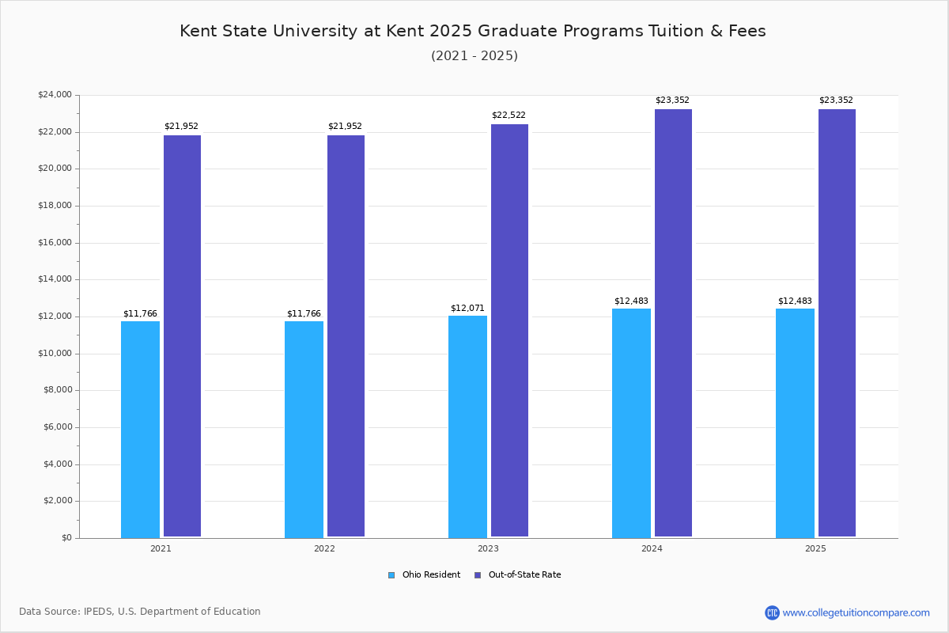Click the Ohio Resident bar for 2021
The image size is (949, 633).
[140, 429]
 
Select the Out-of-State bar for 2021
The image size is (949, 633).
[182, 336]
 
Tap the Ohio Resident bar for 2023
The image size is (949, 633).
[467, 426]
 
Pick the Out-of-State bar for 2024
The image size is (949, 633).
[673, 323]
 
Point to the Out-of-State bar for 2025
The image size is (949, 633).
[837, 323]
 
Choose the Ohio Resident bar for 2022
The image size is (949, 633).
[304, 429]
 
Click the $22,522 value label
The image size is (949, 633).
[509, 116]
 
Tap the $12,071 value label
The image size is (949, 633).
[467, 308]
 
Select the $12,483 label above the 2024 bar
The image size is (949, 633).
[631, 301]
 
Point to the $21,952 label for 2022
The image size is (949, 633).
[345, 127]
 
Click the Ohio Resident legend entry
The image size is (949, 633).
[425, 575]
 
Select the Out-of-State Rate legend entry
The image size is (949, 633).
[518, 575]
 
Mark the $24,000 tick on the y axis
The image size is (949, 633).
[55, 95]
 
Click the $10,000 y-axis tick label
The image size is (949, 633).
[55, 354]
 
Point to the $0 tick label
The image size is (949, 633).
[66, 538]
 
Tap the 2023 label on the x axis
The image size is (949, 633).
[488, 548]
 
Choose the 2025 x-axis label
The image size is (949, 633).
[815, 548]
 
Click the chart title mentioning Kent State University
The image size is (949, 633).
[473, 31]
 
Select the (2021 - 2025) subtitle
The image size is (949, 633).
[475, 56]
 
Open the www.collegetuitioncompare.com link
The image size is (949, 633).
[856, 612]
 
